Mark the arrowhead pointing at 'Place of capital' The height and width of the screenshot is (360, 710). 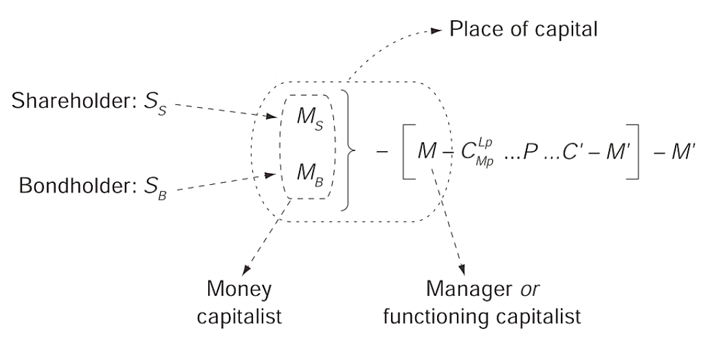(439, 31)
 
